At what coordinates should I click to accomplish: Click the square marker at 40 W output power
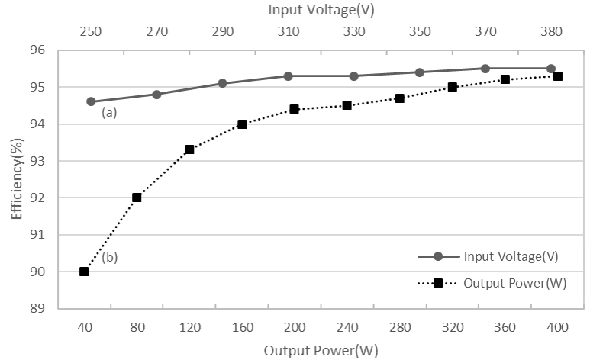(x=84, y=272)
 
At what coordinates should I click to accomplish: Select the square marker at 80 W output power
(x=137, y=198)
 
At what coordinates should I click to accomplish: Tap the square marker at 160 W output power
(x=242, y=124)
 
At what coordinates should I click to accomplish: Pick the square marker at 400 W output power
(x=558, y=76)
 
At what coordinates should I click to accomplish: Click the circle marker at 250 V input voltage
(x=91, y=101)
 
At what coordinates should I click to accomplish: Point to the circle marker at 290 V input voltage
(x=222, y=83)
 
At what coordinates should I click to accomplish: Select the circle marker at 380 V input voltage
(x=551, y=69)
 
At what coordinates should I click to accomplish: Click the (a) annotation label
(x=110, y=113)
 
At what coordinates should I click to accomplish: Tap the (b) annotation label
(x=109, y=257)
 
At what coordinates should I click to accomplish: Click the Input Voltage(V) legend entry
(x=501, y=257)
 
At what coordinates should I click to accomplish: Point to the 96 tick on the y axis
(x=37, y=50)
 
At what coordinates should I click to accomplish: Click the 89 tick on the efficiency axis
(x=37, y=309)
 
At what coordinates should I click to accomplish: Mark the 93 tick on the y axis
(x=37, y=161)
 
